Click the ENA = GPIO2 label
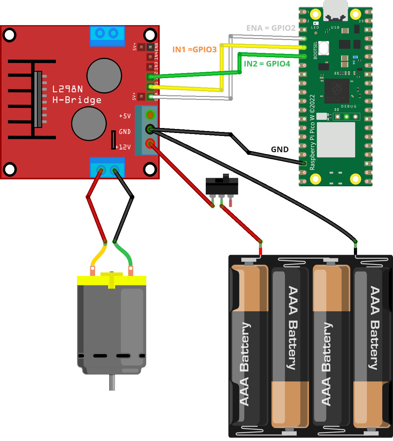(271, 28)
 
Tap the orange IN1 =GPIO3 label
(194, 50)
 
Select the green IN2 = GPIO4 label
(267, 64)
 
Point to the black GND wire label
(280, 150)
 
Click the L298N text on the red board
(67, 89)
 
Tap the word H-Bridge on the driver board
(77, 100)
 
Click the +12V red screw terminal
(150, 144)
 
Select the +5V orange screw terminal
(150, 115)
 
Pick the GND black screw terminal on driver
(150, 129)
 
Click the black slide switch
(222, 186)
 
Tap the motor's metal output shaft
(112, 382)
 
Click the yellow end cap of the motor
(111, 280)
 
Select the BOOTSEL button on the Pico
(324, 48)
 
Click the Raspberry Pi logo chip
(337, 90)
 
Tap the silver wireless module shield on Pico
(336, 140)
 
